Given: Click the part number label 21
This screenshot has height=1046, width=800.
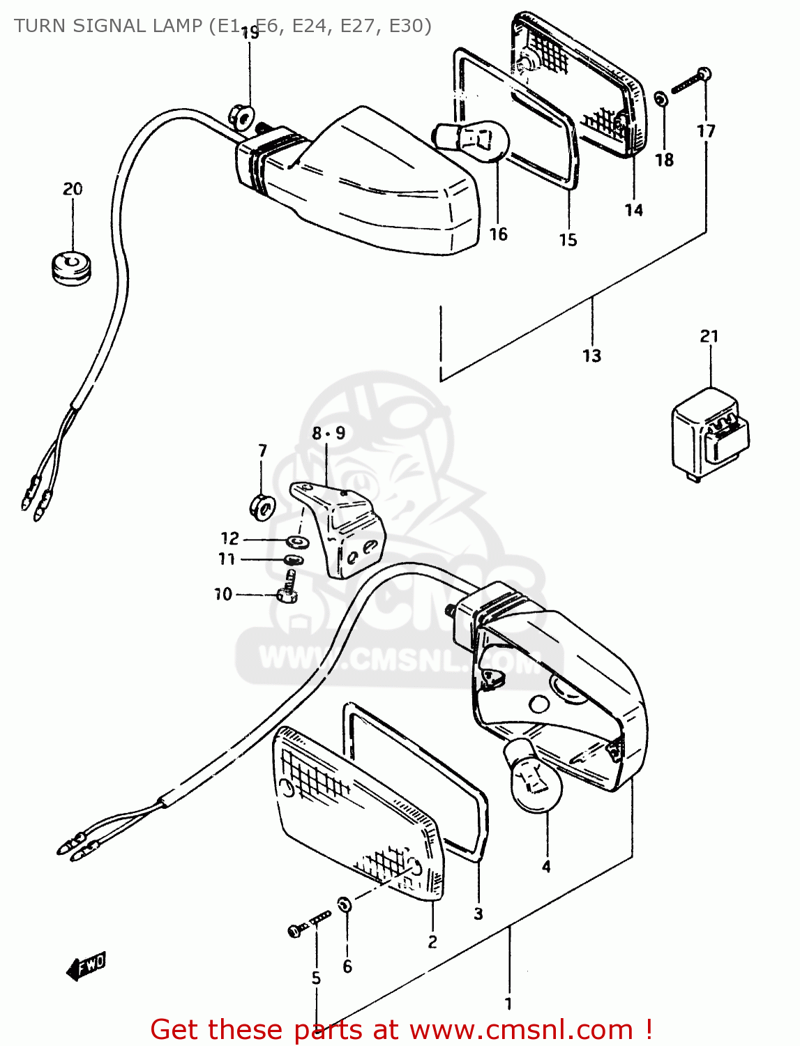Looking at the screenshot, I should [709, 336].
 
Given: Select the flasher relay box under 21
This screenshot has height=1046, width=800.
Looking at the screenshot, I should [709, 436].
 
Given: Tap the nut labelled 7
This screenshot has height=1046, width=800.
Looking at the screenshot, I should [262, 506].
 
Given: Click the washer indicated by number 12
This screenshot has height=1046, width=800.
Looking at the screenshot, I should [298, 540].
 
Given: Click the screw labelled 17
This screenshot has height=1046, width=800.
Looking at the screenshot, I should [690, 82].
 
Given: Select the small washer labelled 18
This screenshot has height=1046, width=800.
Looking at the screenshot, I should [661, 100].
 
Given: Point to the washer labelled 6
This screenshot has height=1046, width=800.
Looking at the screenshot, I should [345, 904].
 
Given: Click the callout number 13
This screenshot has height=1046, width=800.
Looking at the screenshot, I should [591, 356].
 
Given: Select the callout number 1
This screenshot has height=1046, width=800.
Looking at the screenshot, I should [508, 1004].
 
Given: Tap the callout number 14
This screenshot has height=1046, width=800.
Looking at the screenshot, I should [633, 210].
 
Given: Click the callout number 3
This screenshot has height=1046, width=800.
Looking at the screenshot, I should [478, 914].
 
